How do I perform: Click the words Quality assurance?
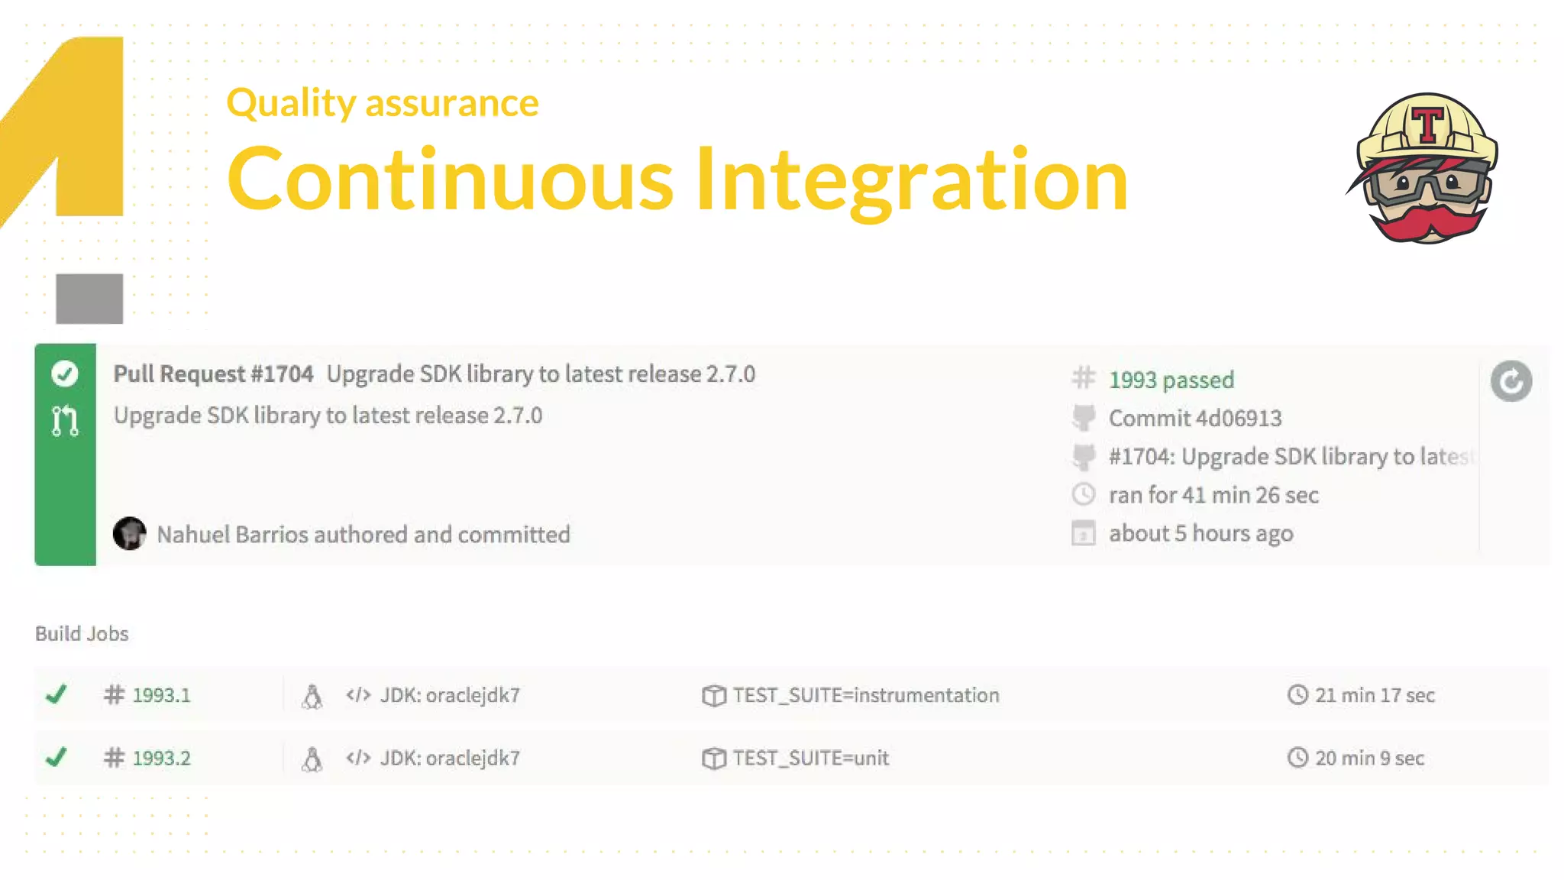(x=382, y=102)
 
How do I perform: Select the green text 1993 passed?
(x=1171, y=380)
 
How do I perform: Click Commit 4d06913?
(x=1194, y=418)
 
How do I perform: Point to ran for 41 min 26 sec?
(x=1213, y=495)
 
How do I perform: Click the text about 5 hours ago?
(x=1200, y=533)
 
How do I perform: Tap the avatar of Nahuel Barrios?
(x=130, y=533)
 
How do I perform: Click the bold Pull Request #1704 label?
(x=213, y=374)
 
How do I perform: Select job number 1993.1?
(x=161, y=695)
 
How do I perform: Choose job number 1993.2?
(x=161, y=758)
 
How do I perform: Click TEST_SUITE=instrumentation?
(x=865, y=695)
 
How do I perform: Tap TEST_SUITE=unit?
(x=810, y=758)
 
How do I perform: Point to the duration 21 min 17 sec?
(x=1374, y=695)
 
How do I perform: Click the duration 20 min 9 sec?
(x=1368, y=758)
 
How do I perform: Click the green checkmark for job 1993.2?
(x=56, y=757)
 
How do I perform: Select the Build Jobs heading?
(x=82, y=633)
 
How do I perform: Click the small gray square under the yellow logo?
(x=89, y=299)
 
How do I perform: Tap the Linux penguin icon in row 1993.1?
(x=312, y=696)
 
